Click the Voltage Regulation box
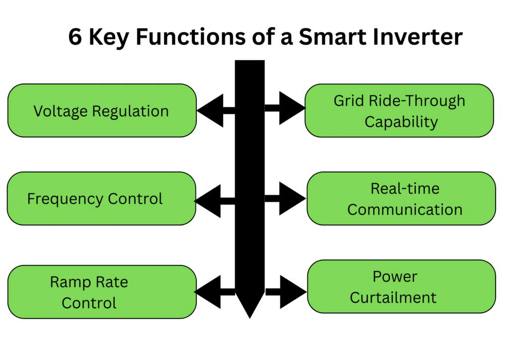coord(102,110)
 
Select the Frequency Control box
coord(101,198)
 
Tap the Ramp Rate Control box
coord(102,292)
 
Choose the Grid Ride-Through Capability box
coord(399,110)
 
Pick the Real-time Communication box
coord(401,198)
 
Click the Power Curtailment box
coord(401,286)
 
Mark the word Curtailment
coord(393,297)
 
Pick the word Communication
coord(405,209)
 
